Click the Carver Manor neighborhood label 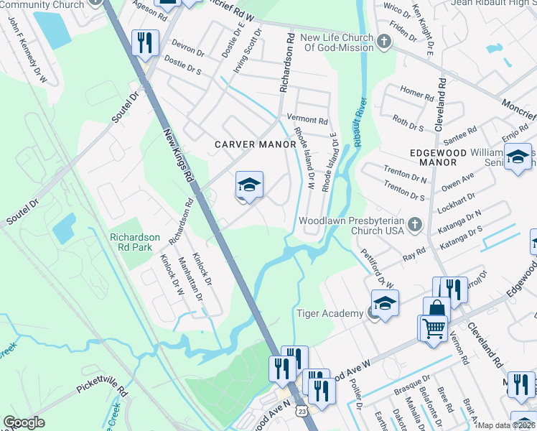point(256,144)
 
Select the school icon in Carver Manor point(248,186)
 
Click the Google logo point(24,422)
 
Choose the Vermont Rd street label point(307,121)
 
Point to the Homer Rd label point(412,92)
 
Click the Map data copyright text point(506,425)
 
